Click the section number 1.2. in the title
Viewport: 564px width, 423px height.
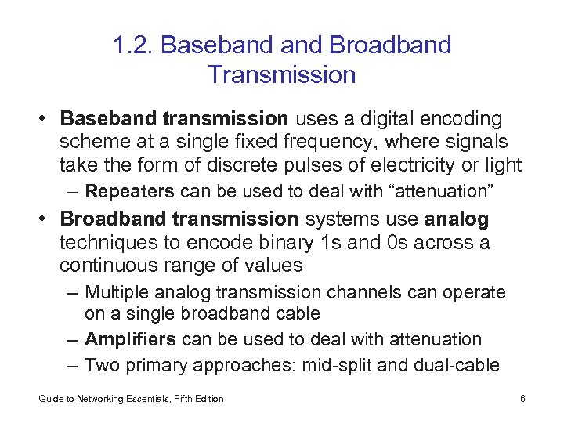pos(133,45)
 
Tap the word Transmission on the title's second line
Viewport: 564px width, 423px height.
pos(282,75)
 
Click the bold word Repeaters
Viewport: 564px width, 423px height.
pos(130,191)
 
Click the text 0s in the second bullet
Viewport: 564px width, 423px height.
pos(401,242)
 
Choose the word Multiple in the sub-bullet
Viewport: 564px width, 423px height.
pos(117,292)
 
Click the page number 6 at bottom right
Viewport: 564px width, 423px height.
pos(522,399)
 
